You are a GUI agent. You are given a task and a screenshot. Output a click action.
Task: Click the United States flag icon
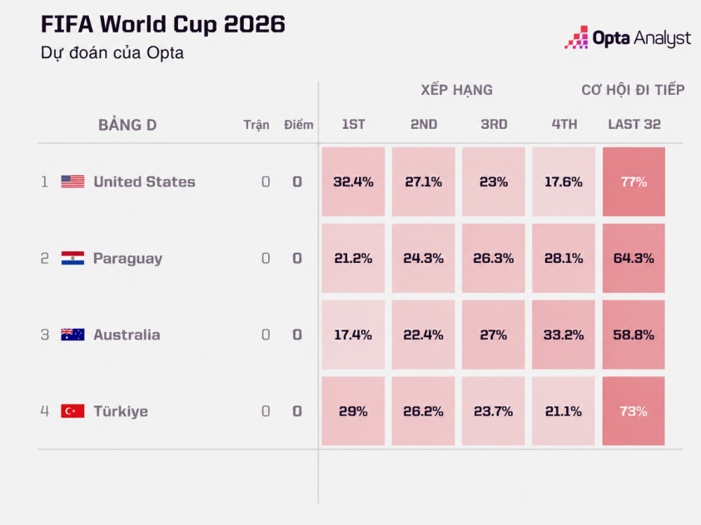coord(72,181)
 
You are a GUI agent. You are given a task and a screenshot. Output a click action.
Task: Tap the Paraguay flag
coord(72,258)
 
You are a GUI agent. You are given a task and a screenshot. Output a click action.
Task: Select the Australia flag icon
coord(72,334)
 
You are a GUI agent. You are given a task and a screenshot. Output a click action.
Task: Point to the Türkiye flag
coord(72,411)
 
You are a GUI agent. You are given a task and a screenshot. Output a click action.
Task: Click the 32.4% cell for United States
coord(353,182)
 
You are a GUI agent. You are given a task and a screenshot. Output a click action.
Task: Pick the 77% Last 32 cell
coord(634,182)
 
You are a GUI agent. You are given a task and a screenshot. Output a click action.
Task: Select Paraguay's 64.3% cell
coord(634,258)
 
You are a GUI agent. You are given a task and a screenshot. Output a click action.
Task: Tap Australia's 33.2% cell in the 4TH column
coord(564,334)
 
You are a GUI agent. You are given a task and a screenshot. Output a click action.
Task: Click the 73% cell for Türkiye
coord(634,411)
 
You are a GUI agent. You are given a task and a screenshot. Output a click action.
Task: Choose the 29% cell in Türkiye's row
coord(353,411)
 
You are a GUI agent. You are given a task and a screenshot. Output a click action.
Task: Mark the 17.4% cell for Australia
coord(353,334)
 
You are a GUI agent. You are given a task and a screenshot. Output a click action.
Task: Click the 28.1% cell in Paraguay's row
coord(564,258)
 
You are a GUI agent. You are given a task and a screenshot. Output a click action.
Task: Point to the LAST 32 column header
coord(634,124)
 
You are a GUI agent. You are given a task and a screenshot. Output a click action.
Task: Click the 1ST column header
coord(353,124)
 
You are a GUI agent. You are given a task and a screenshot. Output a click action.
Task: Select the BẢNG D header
coord(127,125)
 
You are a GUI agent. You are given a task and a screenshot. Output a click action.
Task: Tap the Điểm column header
coord(299,124)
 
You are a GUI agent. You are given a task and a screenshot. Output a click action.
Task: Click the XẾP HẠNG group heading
coord(456,90)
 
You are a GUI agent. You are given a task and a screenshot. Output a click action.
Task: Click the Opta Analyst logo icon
coord(576,37)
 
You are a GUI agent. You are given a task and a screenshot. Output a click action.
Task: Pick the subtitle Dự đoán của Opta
coord(112,52)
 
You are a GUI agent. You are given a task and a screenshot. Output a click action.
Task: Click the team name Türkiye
coord(121,411)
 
